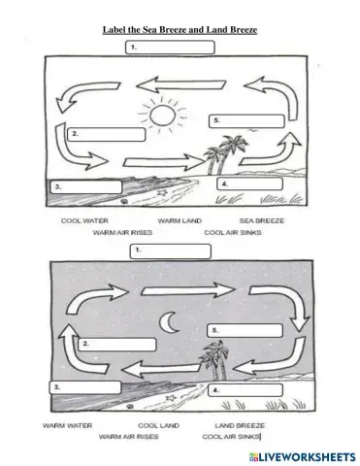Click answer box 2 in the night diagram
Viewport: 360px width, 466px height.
tap(118, 344)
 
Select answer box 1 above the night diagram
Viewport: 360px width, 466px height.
tap(172, 250)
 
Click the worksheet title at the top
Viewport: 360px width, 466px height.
tap(180, 30)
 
